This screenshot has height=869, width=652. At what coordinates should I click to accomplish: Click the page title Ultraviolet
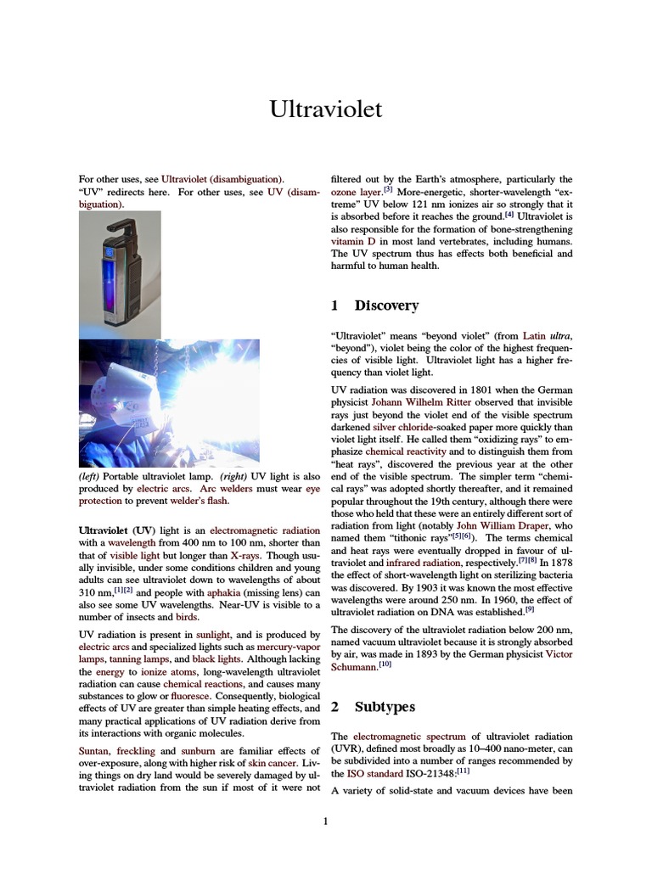point(326,109)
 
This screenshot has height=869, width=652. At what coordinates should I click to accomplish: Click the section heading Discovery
point(386,305)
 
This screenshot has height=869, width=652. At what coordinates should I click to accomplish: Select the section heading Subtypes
point(385,706)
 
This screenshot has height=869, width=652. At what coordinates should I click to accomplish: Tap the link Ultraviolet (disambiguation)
point(222,180)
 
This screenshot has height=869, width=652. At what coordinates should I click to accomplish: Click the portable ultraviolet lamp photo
point(119,275)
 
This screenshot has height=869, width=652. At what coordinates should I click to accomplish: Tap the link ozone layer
point(356,193)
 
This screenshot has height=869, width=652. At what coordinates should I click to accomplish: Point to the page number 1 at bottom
point(325,821)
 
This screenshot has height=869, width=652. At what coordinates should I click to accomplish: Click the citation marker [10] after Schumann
point(385,664)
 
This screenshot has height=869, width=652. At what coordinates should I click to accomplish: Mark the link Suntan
point(96,751)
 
